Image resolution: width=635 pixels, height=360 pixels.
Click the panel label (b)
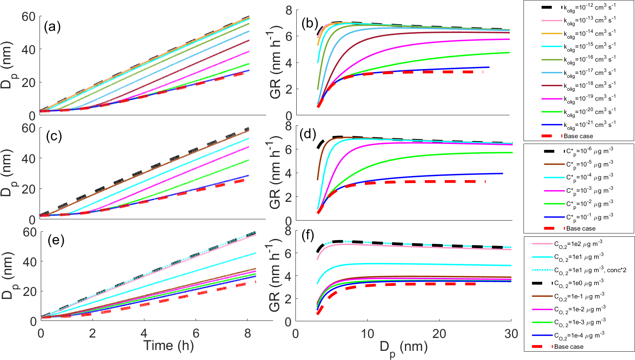pyautogui.click(x=310, y=24)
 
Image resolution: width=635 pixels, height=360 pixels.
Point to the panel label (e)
pyautogui.click(x=55, y=240)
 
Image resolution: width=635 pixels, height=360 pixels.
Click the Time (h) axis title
pyautogui.click(x=169, y=345)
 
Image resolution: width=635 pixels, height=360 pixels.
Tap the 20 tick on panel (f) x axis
pyautogui.click(x=439, y=333)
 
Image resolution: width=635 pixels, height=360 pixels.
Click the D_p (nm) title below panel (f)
pyautogui.click(x=403, y=348)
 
